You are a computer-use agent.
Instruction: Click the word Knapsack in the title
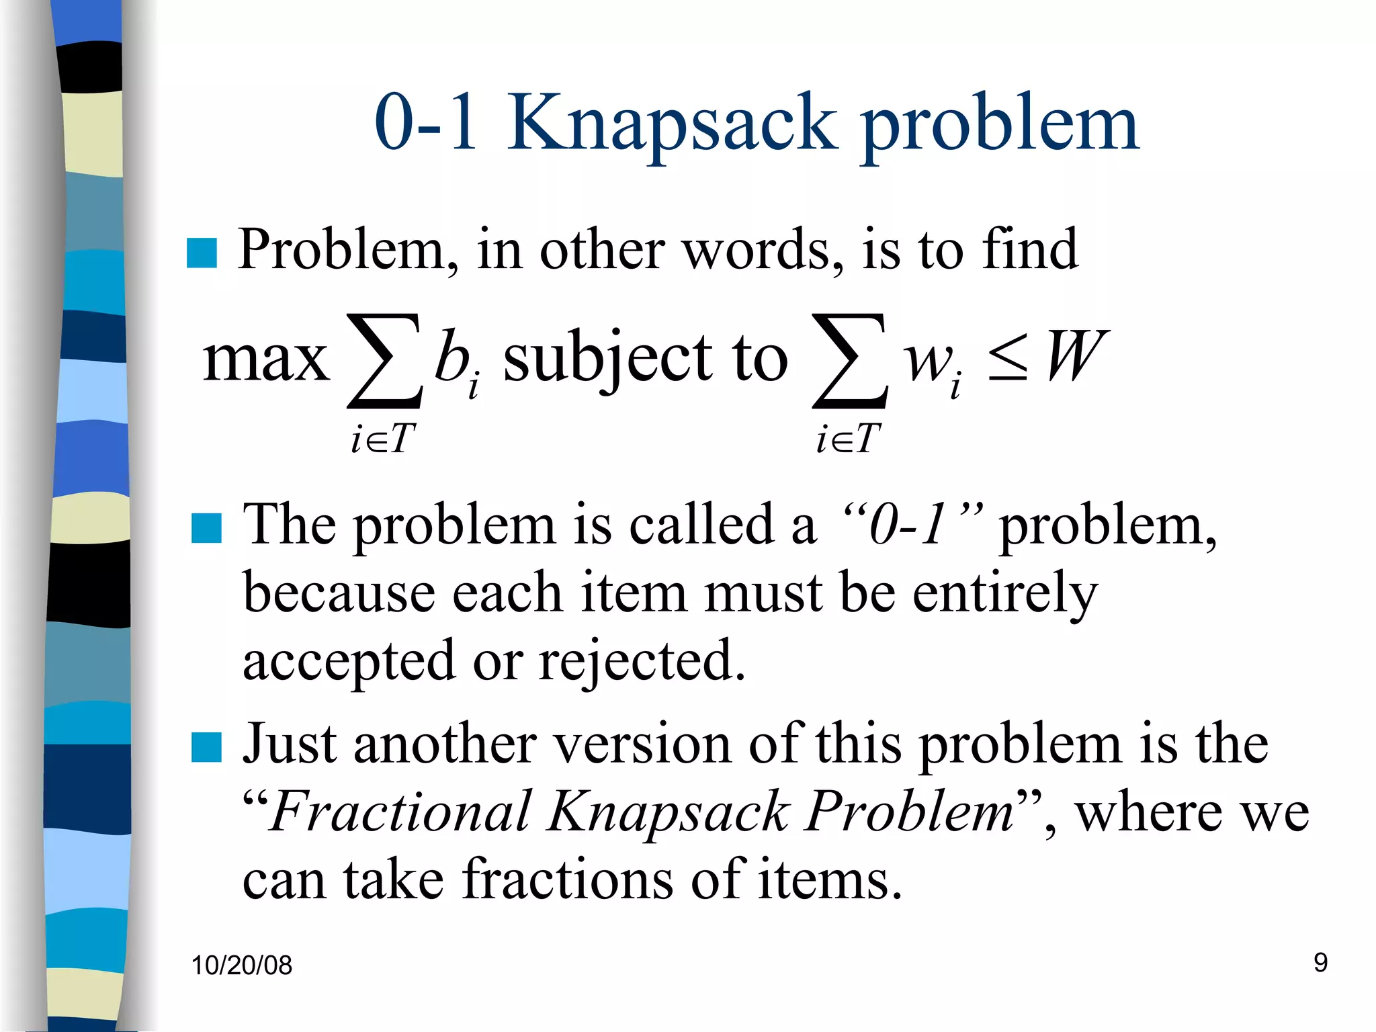pyautogui.click(x=672, y=124)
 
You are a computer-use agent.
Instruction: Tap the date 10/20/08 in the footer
pyautogui.click(x=241, y=965)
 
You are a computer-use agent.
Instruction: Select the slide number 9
pyautogui.click(x=1320, y=963)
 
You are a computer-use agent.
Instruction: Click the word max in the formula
pyautogui.click(x=266, y=359)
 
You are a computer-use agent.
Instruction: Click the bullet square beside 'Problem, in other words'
pyautogui.click(x=202, y=253)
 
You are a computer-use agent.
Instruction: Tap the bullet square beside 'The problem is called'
pyautogui.click(x=206, y=528)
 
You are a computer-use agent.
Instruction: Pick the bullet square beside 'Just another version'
pyautogui.click(x=206, y=747)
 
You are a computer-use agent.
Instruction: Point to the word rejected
pyautogui.click(x=642, y=662)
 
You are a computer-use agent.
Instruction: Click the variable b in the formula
pyautogui.click(x=451, y=356)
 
